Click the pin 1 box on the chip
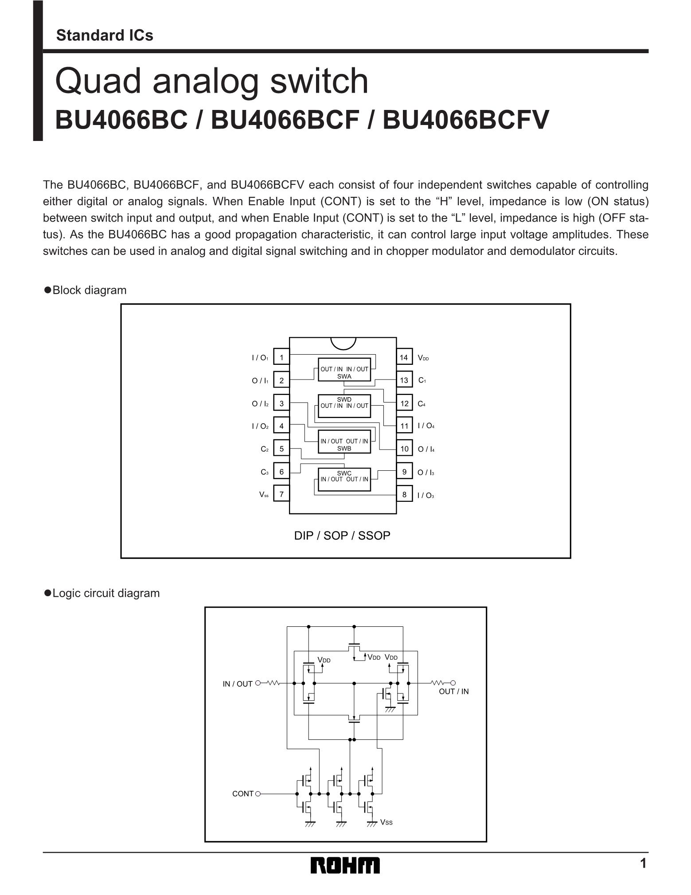281,357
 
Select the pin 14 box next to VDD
404,357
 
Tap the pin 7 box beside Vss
281,494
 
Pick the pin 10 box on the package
404,449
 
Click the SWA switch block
344,369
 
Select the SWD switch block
344,406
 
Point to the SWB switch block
344,442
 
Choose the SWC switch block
344,479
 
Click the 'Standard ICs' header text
105,35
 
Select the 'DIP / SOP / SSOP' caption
342,535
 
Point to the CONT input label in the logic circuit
243,793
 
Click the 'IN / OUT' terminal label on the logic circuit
238,684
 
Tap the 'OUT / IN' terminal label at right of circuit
453,692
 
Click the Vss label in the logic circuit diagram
386,822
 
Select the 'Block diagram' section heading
89,290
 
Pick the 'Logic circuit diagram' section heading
106,593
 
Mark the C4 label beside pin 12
422,404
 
